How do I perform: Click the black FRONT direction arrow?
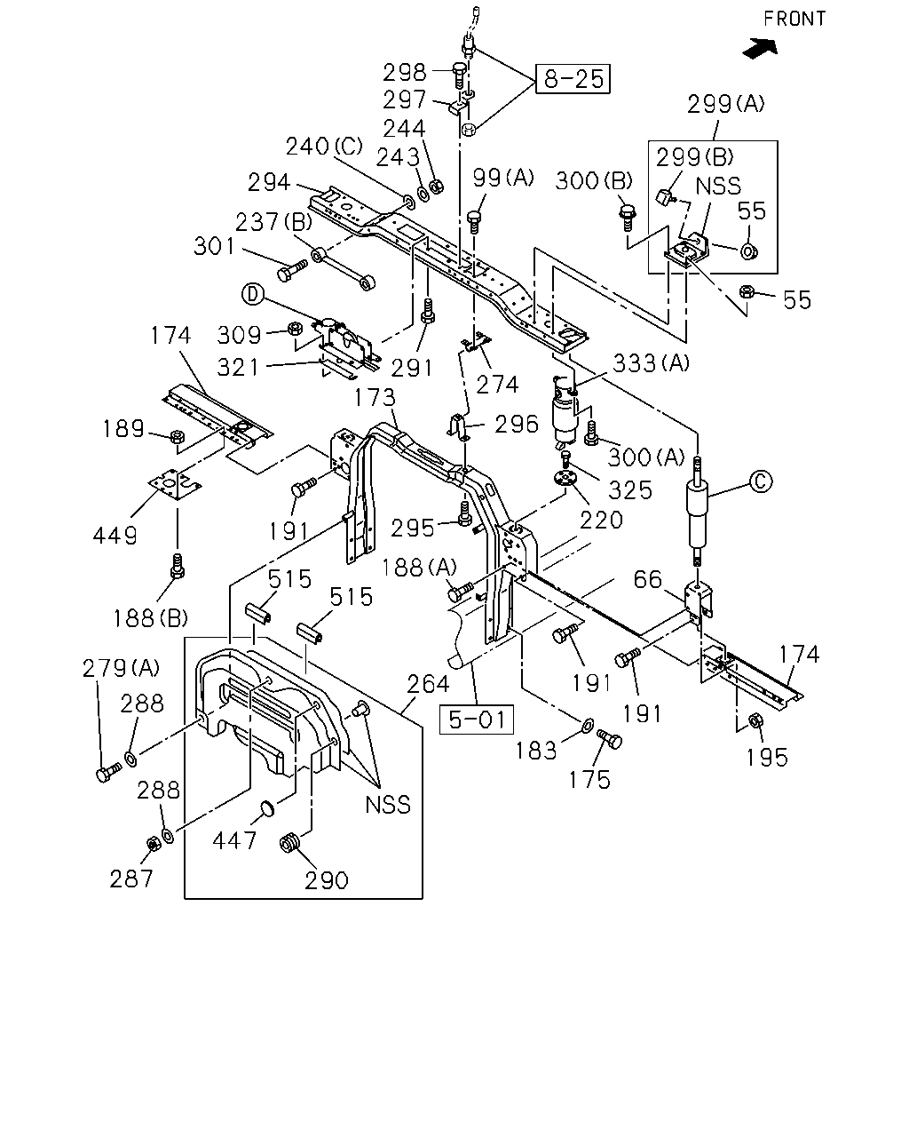[x=761, y=48]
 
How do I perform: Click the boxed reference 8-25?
[x=573, y=79]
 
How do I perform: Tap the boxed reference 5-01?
[x=477, y=720]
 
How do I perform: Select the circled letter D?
[x=253, y=294]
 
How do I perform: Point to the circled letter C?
[x=761, y=481]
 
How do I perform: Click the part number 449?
[x=115, y=536]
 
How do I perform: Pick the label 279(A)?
[x=121, y=668]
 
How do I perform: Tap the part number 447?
[x=234, y=840]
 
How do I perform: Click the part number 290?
[x=327, y=881]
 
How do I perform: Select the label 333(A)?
[x=651, y=363]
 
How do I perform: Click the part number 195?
[x=767, y=758]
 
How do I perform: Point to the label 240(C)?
[x=324, y=147]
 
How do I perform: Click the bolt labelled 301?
[x=291, y=269]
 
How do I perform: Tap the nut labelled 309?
[x=295, y=329]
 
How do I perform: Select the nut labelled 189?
[x=178, y=437]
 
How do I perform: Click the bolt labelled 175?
[x=610, y=738]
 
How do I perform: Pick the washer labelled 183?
[x=587, y=726]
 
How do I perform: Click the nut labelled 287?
[x=153, y=844]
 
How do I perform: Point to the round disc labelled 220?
[x=565, y=478]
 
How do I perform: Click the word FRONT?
[x=794, y=19]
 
